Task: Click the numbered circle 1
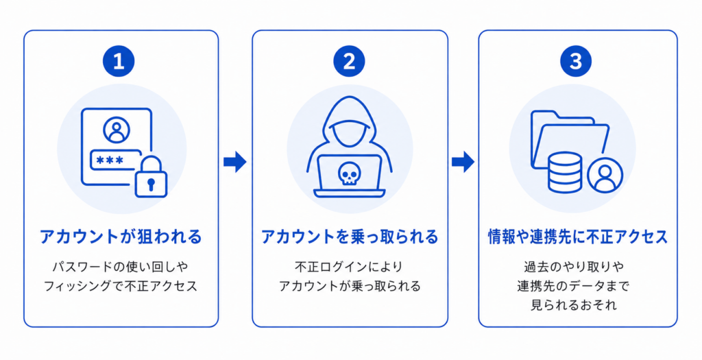click(119, 61)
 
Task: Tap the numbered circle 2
click(349, 61)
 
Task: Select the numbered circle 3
click(576, 61)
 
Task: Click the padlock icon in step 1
click(151, 177)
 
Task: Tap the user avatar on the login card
click(117, 130)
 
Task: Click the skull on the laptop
click(349, 173)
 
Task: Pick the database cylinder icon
click(565, 172)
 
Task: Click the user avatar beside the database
click(605, 175)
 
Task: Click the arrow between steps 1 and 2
click(235, 161)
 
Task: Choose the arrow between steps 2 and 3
click(463, 161)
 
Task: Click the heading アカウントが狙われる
click(121, 237)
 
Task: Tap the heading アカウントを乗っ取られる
click(350, 237)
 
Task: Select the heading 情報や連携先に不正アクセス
click(578, 237)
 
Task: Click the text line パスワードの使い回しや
click(121, 267)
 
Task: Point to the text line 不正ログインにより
click(349, 267)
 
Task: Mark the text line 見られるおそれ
click(574, 305)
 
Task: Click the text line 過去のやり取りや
click(574, 267)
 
